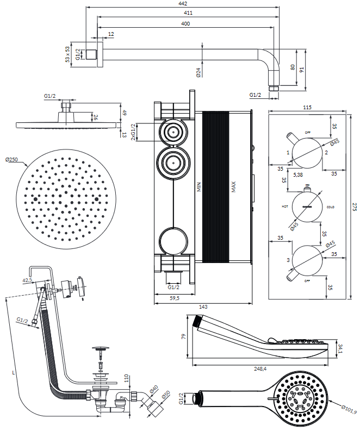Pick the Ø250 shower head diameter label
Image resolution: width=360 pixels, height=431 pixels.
pyautogui.click(x=11, y=159)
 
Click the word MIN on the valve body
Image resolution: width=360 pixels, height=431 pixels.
pyautogui.click(x=199, y=189)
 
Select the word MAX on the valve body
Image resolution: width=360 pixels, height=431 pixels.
pyautogui.click(x=233, y=189)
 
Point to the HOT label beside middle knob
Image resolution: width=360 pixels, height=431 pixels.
pyautogui.click(x=284, y=207)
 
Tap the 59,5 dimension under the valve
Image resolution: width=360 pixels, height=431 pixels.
pyautogui.click(x=174, y=298)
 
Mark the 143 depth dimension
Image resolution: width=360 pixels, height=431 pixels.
pyautogui.click(x=203, y=307)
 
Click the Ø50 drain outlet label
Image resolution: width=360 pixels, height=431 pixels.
pyautogui.click(x=166, y=395)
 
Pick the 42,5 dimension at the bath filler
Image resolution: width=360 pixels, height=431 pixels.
pyautogui.click(x=27, y=280)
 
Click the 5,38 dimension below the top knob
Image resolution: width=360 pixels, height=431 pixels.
pyautogui.click(x=298, y=175)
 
